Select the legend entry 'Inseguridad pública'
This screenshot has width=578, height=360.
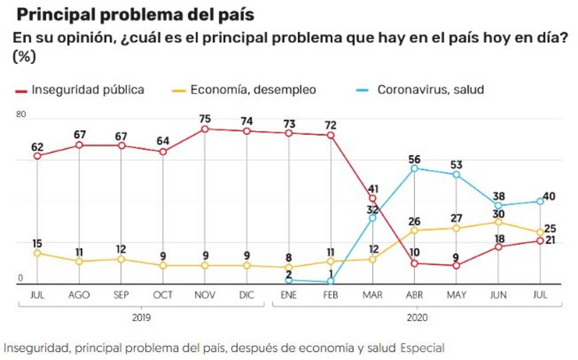[x=88, y=89]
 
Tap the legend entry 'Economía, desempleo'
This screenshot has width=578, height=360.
[x=253, y=89]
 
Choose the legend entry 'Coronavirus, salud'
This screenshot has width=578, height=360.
[x=430, y=89]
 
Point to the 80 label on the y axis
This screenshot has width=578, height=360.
[x=21, y=113]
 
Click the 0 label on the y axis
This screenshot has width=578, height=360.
[x=21, y=278]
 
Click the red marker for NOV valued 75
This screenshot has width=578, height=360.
[x=204, y=129]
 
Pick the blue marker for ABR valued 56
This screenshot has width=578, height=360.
[x=414, y=168]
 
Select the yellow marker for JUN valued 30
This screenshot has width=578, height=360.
[x=498, y=222]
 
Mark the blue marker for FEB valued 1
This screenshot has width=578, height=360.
[x=331, y=281]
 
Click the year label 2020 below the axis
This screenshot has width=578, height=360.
[x=415, y=317]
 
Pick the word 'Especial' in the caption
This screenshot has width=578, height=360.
[x=422, y=348]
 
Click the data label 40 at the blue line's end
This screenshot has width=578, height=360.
[x=549, y=196]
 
